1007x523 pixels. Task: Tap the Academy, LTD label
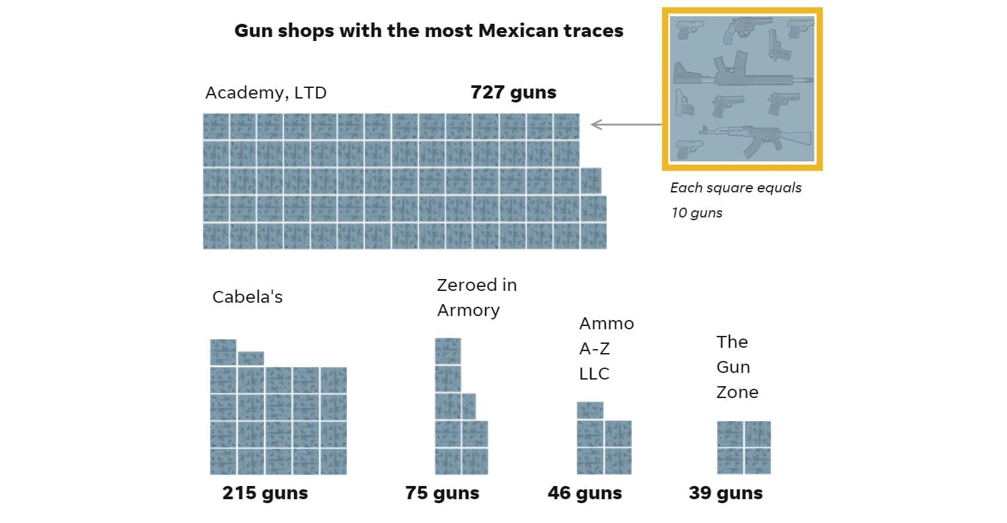[x=266, y=93]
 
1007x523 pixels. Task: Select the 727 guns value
[x=513, y=93]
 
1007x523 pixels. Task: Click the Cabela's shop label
[x=247, y=298]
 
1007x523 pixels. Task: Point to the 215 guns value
[x=265, y=493]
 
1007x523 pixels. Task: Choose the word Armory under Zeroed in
[x=468, y=311]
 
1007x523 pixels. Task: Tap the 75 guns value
[x=442, y=493]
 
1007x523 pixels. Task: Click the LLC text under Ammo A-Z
[x=594, y=374]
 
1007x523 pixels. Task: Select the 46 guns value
[x=585, y=493]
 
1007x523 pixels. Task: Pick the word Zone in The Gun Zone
[x=737, y=393]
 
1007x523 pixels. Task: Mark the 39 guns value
[x=726, y=493]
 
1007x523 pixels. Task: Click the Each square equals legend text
[x=735, y=188]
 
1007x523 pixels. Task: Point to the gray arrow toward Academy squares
[x=624, y=124]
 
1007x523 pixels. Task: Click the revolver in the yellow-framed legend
[x=747, y=30]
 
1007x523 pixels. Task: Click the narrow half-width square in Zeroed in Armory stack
[x=468, y=406]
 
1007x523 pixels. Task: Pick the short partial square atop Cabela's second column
[x=250, y=358]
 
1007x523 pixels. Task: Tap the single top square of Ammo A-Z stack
[x=589, y=410]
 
